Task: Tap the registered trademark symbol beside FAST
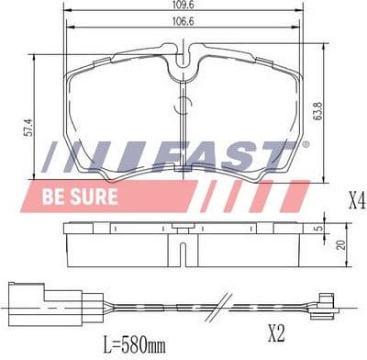point(305,144)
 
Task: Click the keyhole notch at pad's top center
point(184,65)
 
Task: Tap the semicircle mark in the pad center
point(184,103)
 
